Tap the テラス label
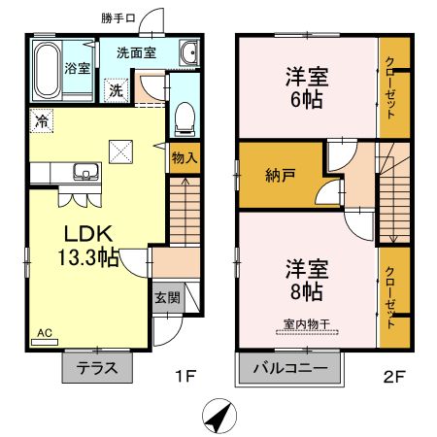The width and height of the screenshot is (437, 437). pyautogui.click(x=97, y=368)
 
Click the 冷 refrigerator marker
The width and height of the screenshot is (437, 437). pyautogui.click(x=42, y=120)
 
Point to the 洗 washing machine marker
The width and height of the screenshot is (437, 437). pyautogui.click(x=116, y=90)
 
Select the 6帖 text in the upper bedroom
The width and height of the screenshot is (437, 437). pyautogui.click(x=306, y=99)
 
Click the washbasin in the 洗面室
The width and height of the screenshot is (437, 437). pyautogui.click(x=188, y=53)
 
